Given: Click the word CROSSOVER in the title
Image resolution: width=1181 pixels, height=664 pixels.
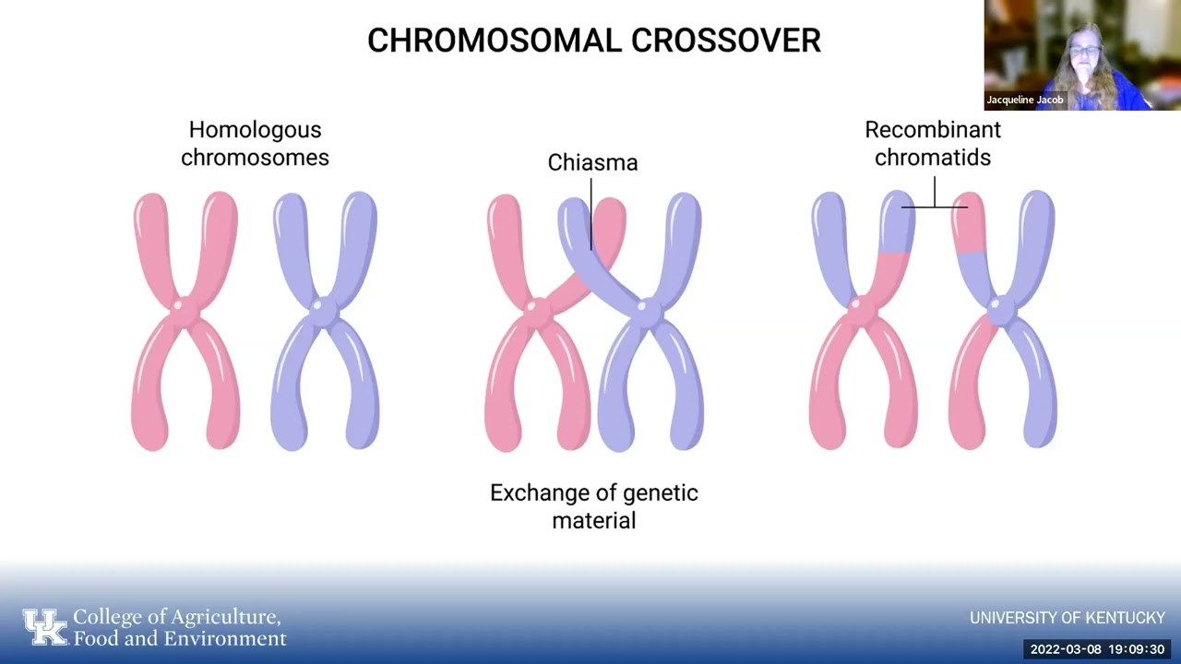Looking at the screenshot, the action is click(726, 41).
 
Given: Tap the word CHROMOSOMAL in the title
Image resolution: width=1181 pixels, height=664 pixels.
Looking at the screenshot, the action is click(495, 41).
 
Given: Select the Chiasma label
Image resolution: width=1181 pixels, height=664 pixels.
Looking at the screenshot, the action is click(592, 162).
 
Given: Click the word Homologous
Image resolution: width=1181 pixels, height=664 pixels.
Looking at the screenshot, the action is click(256, 130).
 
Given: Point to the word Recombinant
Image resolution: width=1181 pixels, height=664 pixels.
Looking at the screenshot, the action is click(933, 130).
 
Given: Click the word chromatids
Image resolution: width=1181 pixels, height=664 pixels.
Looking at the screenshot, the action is click(933, 157).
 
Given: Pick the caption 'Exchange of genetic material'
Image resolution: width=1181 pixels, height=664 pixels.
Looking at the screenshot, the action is click(594, 506).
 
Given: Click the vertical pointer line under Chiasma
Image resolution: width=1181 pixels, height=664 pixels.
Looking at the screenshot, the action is click(591, 214).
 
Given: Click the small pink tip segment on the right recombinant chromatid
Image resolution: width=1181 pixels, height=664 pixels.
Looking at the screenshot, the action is click(969, 222).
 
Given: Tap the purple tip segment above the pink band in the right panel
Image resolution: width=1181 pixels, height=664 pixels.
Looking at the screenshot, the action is click(899, 222).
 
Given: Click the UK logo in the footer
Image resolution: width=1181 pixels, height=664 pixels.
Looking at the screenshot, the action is click(45, 627).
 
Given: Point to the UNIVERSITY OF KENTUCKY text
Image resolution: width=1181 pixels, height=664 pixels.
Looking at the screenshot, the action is click(1068, 618).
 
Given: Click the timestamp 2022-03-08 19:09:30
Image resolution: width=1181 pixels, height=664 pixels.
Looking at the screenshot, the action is click(1097, 649).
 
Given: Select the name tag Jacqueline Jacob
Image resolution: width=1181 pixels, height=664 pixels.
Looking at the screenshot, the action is click(1025, 100).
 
